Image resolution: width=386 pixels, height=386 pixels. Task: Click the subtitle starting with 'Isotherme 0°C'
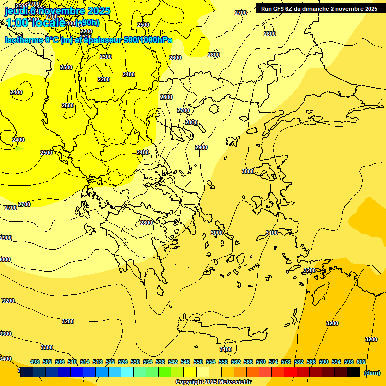(x=88, y=40)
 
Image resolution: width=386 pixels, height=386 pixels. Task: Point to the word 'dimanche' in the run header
(x=315, y=9)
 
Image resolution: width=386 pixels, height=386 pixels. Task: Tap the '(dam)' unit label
(x=372, y=373)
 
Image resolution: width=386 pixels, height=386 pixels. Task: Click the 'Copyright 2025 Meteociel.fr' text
(x=213, y=382)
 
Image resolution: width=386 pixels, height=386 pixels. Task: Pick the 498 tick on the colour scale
(x=35, y=362)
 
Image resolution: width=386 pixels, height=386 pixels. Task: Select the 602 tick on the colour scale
(x=361, y=362)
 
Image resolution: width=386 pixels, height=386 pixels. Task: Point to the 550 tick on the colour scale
(x=198, y=362)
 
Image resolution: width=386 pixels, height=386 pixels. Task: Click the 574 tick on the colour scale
(x=273, y=362)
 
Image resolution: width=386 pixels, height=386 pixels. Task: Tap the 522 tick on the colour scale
(x=110, y=362)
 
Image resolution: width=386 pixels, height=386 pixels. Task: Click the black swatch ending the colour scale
(x=353, y=372)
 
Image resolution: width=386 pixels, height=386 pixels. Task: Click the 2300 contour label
(x=106, y=57)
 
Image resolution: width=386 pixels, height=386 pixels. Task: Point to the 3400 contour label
(x=5, y=359)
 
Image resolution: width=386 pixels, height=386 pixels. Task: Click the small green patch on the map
(x=19, y=148)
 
